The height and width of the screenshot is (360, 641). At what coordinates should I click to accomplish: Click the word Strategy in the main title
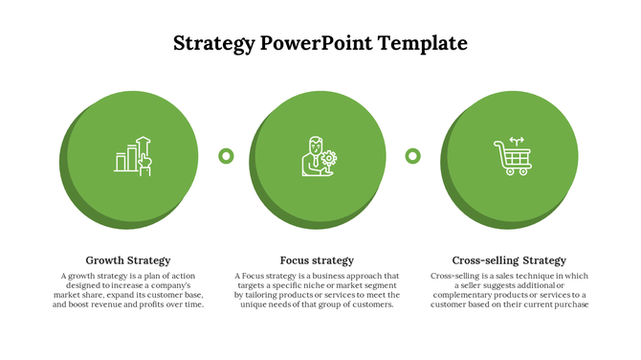pos(214,43)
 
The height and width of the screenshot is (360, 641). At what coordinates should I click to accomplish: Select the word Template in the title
pos(422,43)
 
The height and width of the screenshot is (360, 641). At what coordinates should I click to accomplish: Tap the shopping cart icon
pos(511,156)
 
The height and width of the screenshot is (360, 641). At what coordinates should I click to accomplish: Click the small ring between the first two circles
pos(226,155)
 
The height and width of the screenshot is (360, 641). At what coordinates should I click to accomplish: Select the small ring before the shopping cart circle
pos(413,155)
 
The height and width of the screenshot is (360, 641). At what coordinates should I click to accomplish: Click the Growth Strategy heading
pos(128,260)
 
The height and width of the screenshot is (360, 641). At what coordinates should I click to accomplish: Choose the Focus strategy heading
pos(317,260)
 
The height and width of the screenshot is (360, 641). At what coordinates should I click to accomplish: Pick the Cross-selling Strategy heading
pos(509,260)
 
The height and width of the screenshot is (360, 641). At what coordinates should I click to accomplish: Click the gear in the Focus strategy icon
pos(329,158)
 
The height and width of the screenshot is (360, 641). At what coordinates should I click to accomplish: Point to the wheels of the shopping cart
pos(512,172)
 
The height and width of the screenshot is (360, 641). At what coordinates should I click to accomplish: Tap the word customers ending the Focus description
pos(372,304)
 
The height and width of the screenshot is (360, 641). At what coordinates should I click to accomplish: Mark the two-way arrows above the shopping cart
pos(518,139)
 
